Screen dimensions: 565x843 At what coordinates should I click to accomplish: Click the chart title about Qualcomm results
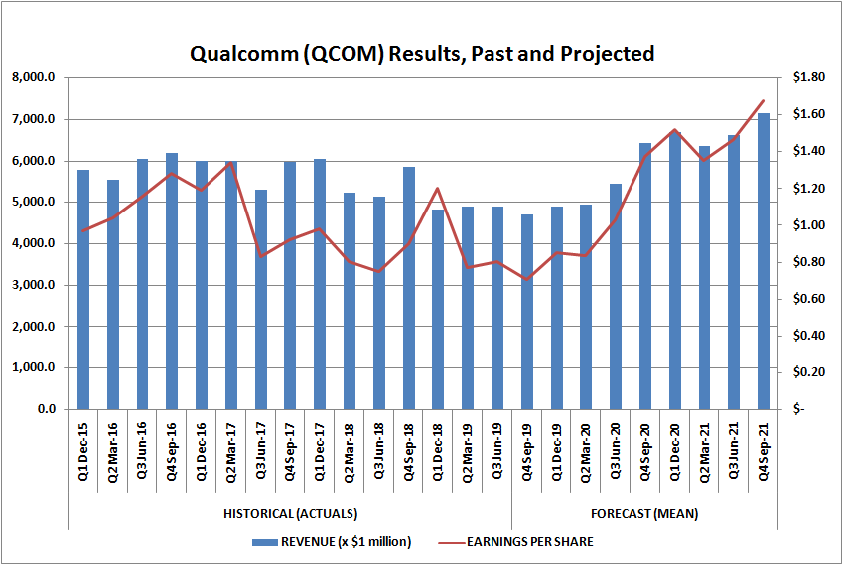(x=422, y=53)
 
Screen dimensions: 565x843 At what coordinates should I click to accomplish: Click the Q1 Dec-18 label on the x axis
(x=438, y=451)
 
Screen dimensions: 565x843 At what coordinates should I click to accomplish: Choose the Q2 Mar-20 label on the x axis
(x=586, y=451)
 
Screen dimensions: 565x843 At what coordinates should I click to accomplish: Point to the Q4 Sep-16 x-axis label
(x=172, y=451)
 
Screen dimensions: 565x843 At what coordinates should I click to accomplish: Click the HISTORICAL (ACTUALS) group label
(x=290, y=513)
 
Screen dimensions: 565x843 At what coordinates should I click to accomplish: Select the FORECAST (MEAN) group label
(x=644, y=513)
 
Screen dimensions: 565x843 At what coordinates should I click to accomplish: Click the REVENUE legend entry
(x=332, y=541)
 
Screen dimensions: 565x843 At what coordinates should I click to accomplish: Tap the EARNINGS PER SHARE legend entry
(x=525, y=541)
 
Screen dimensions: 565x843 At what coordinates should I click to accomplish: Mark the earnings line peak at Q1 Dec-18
(x=438, y=188)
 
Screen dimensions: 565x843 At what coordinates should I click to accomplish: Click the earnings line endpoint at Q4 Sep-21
(x=764, y=100)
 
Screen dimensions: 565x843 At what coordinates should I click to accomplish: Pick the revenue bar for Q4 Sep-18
(x=409, y=288)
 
